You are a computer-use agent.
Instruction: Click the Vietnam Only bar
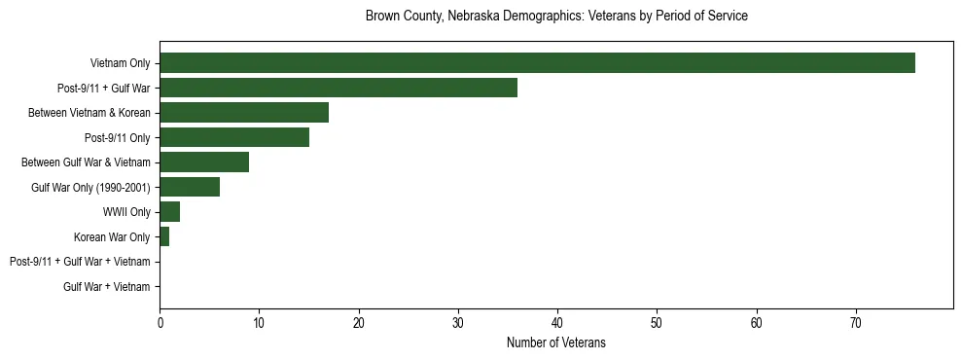tap(537, 63)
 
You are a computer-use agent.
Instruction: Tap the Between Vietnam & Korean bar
tap(244, 113)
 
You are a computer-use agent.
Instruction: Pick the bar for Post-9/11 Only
tap(234, 137)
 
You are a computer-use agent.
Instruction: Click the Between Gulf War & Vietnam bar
tap(204, 162)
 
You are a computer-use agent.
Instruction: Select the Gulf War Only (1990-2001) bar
tap(190, 187)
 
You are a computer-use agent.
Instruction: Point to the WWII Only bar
tap(169, 212)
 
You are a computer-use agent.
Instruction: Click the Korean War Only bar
tap(164, 236)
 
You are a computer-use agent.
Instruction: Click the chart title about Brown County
tap(556, 17)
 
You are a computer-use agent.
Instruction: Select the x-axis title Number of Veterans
tap(556, 342)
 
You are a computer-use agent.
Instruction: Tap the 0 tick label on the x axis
tap(160, 323)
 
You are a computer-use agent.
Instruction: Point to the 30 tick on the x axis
tap(458, 323)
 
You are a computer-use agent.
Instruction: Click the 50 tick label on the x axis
tap(657, 323)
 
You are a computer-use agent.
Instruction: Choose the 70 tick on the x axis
tap(856, 323)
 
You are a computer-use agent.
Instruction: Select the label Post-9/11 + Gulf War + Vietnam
tap(80, 262)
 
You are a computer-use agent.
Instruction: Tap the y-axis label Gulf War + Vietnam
tap(107, 287)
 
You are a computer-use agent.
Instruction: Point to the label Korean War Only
tap(112, 237)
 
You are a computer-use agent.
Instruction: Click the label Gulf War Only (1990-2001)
tap(90, 188)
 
